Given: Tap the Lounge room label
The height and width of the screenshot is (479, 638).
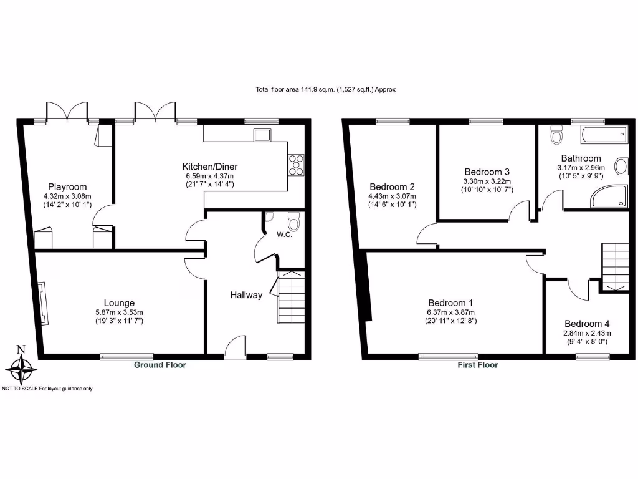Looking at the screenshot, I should coord(120,303).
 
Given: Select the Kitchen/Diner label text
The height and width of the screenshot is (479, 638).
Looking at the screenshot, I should coord(209,167).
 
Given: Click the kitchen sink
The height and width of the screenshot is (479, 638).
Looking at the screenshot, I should coord(261,133).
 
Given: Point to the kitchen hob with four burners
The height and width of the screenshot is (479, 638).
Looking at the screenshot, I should coord(295,163).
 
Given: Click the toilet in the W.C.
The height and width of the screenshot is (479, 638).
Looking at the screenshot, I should coord(293,222).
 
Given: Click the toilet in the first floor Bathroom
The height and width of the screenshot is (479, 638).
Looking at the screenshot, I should coord(557,133).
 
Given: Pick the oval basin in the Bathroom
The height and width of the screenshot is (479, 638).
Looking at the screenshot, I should coord(621,167).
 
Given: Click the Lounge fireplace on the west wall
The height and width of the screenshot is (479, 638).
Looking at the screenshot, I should coord(42,304).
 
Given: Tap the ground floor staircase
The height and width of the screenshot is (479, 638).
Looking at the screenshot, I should coord(290,296).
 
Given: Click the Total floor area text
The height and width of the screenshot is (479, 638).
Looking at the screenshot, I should coord(325,90).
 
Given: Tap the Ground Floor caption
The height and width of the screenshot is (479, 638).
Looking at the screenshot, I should coord(160,365).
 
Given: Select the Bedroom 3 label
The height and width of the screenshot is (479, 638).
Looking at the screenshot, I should coord(487,172).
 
